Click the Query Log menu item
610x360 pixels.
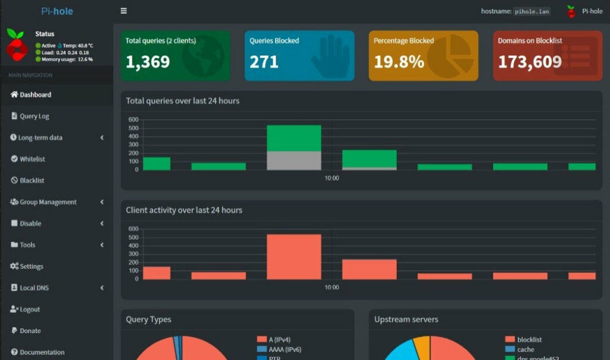click(x=34, y=116)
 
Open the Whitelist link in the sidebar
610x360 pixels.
click(x=32, y=159)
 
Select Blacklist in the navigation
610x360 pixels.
click(x=32, y=181)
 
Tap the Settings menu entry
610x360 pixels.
click(x=31, y=266)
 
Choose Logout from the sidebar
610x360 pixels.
click(x=30, y=309)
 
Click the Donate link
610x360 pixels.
click(x=30, y=331)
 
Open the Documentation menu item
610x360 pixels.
click(x=42, y=352)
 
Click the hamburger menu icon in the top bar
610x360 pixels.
click(x=123, y=11)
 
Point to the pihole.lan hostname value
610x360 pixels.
click(x=532, y=11)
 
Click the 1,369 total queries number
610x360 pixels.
click(x=148, y=62)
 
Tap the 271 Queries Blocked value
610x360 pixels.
click(x=264, y=62)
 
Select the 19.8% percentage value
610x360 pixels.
click(x=399, y=62)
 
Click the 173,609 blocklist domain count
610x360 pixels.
click(x=530, y=62)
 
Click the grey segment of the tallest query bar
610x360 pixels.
click(x=294, y=161)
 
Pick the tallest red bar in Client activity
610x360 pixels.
click(x=294, y=257)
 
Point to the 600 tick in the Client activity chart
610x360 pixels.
click(x=133, y=229)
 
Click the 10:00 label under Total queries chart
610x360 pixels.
click(x=332, y=178)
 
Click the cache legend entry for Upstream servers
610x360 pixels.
click(x=525, y=349)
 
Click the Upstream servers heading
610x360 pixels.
click(x=406, y=319)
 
